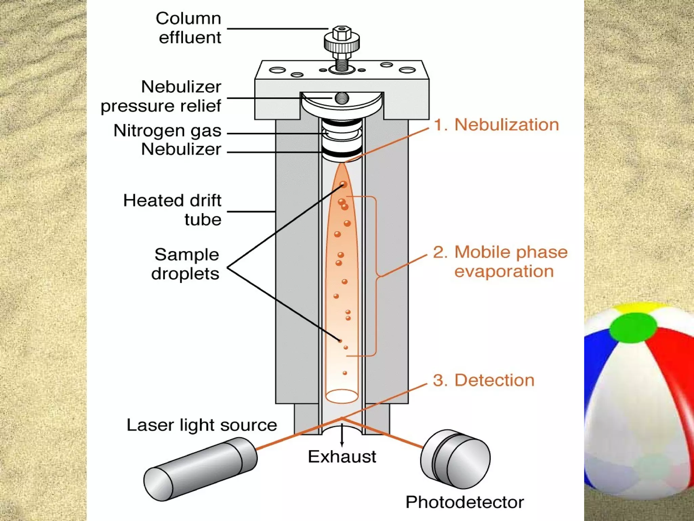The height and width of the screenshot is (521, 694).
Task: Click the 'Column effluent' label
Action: [188, 28]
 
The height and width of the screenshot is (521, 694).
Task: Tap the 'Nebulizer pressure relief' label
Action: [161, 96]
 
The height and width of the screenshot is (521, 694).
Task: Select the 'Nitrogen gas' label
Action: [167, 131]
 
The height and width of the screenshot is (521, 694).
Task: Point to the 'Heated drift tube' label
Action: [172, 210]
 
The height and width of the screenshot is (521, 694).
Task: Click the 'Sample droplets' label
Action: [186, 264]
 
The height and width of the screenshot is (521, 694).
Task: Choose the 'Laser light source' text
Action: [202, 425]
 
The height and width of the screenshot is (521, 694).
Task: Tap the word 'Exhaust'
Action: [342, 457]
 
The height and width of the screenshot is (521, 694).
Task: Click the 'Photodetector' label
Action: [465, 502]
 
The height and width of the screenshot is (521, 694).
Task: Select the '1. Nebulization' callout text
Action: [496, 125]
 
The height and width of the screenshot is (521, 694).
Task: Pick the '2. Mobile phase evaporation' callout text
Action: [501, 262]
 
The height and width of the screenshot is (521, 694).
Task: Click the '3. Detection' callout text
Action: [484, 380]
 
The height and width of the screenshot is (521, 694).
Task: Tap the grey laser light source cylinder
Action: [200, 469]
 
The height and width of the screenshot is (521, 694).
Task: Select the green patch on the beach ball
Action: [633, 327]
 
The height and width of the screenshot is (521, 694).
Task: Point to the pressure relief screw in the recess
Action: [342, 98]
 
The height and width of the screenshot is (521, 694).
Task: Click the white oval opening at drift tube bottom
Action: [342, 396]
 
